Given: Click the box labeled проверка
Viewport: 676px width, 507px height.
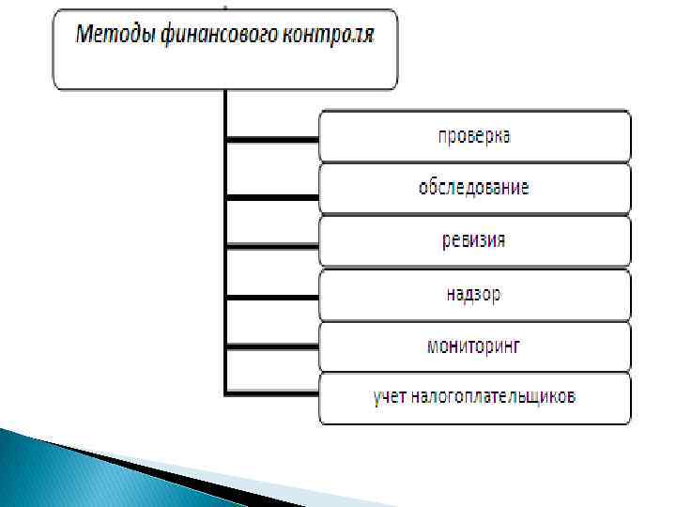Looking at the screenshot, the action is point(475,136).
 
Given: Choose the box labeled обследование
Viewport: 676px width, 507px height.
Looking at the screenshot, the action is point(475,188).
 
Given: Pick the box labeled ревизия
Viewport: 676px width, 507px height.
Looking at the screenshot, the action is point(475,241).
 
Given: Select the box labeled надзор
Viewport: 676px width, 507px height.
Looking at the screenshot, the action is point(475,294).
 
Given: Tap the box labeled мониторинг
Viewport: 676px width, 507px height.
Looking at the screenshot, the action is point(475,346).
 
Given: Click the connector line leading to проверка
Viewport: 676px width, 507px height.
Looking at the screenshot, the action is point(272,140).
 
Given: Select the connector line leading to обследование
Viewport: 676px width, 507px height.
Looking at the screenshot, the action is point(272,196).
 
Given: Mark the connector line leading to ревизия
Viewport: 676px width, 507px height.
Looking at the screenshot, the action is point(272,246).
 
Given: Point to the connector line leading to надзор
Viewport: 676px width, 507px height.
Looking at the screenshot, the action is point(272,299).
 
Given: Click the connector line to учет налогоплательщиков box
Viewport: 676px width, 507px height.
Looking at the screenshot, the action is point(272,388).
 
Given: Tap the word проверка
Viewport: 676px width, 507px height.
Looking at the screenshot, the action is point(475,136).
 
